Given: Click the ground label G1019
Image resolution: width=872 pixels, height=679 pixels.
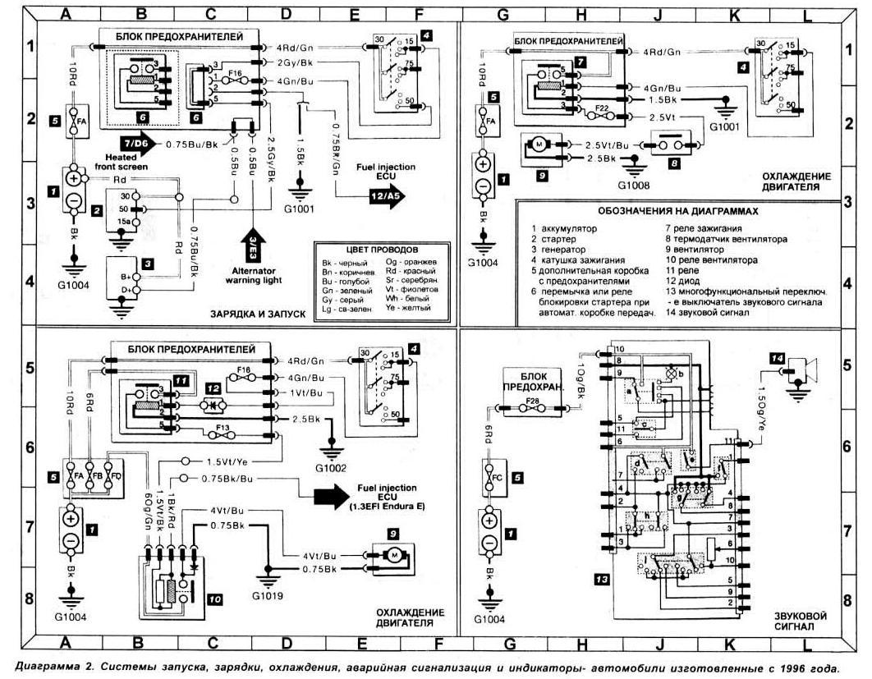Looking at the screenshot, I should [x=268, y=595].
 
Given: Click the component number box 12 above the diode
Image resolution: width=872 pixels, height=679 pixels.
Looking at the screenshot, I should [x=213, y=386].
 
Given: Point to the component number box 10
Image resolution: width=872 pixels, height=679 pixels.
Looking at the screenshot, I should [x=214, y=600].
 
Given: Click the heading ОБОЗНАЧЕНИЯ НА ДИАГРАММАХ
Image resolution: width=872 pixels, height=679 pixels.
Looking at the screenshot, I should [x=678, y=210].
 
